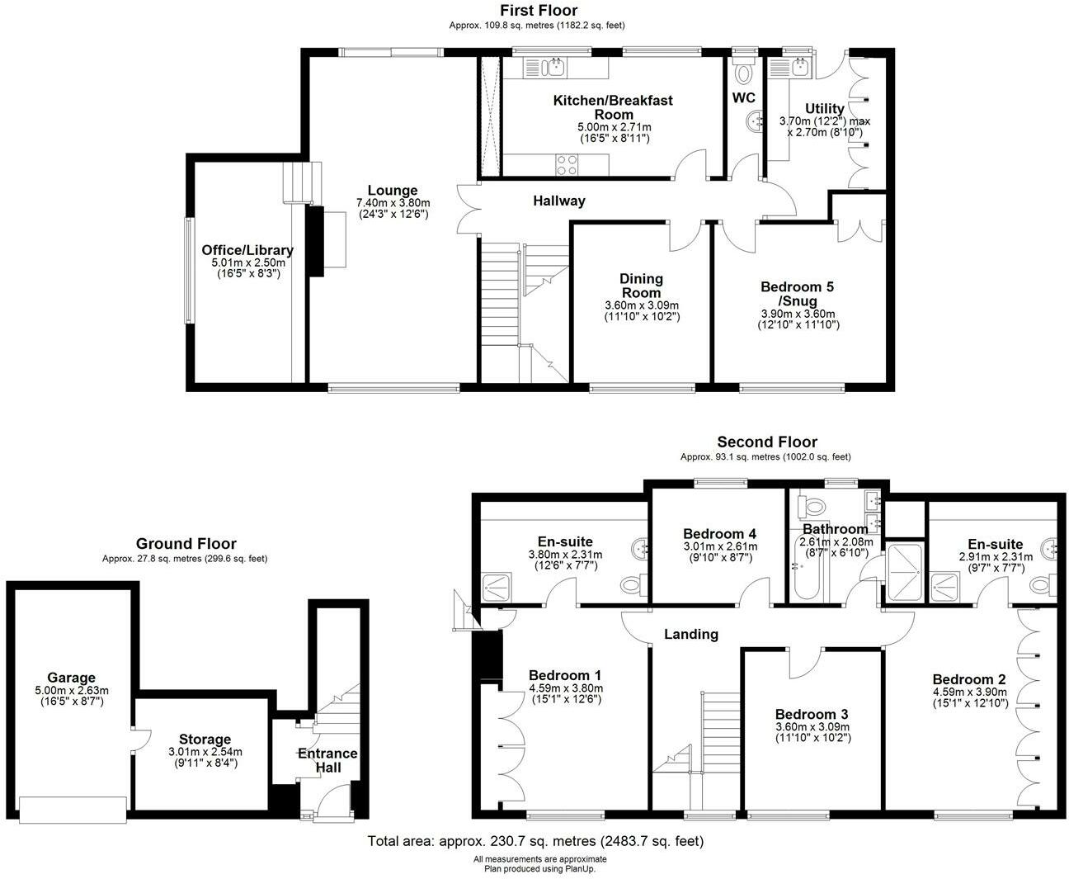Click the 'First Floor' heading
coord(539,11)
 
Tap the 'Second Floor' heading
coord(767,442)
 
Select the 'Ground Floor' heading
coord(186,544)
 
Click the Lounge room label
coord(393,191)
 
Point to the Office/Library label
coord(247,250)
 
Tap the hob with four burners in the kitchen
coord(566,165)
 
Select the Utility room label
coord(825,109)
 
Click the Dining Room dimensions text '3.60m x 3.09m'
coord(642,305)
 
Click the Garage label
coord(71,678)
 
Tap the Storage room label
coord(205,739)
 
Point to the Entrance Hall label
coord(327,760)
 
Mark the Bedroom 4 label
coord(719,534)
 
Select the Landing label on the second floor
coord(691,634)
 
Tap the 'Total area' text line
coord(534,842)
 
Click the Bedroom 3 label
coord(812,714)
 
